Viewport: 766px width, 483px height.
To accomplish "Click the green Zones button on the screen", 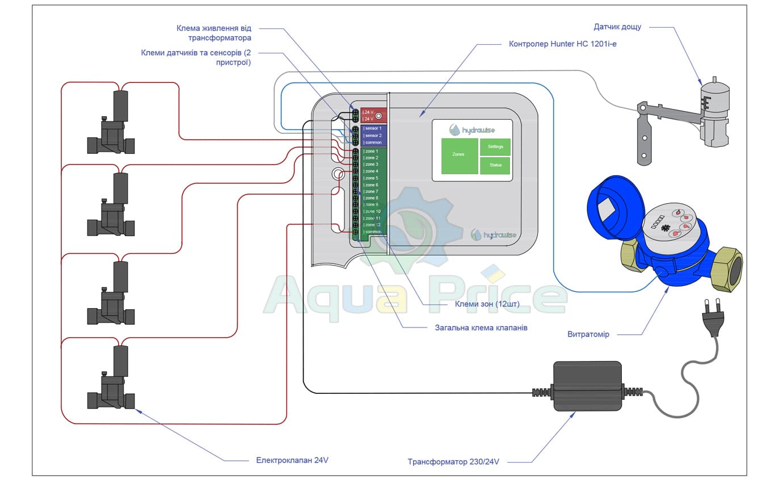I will (459, 156).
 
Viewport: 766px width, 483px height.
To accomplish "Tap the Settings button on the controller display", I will (495, 147).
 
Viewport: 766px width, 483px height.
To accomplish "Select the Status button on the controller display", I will (495, 165).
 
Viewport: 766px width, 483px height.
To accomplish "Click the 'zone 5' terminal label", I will (372, 178).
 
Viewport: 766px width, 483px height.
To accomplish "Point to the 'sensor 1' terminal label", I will (372, 128).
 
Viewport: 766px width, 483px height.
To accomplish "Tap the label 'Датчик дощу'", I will (617, 27).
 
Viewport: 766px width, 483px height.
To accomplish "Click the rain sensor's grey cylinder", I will (714, 93).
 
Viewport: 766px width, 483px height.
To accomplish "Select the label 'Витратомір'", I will (588, 334).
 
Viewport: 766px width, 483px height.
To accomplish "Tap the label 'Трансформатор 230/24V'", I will (453, 461).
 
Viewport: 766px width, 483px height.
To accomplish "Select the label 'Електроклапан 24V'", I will (292, 460).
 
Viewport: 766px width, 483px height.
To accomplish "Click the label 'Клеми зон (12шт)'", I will (487, 304).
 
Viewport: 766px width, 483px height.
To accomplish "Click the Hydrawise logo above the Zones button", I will (472, 130).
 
